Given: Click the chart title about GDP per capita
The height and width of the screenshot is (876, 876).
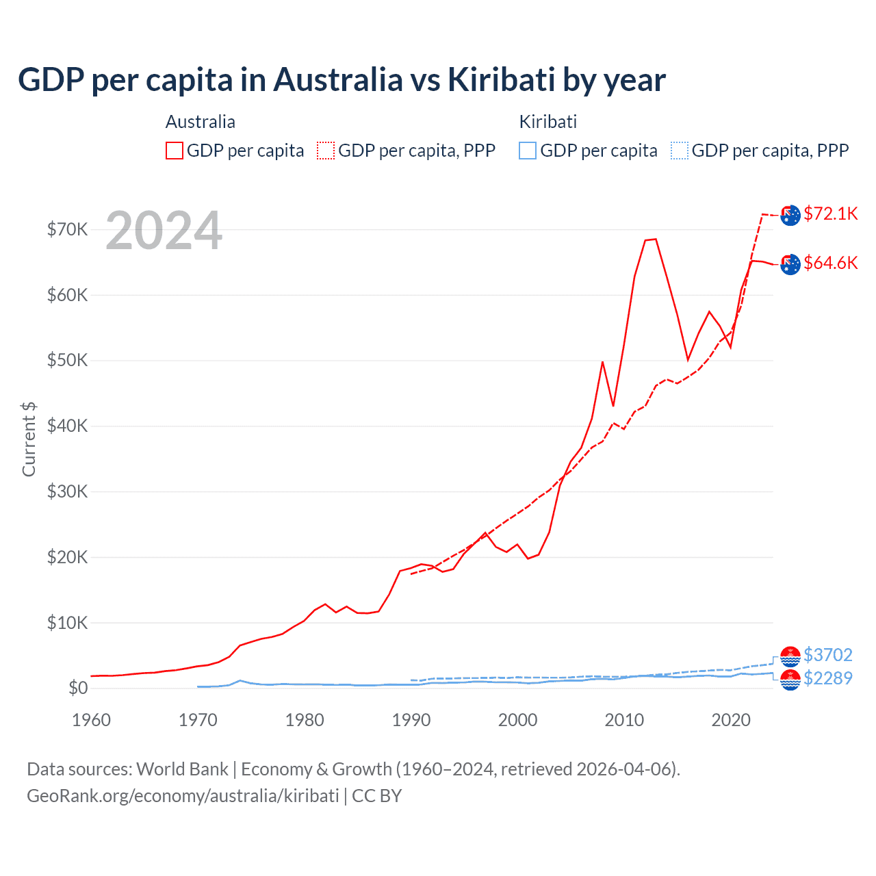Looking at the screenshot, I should tap(342, 80).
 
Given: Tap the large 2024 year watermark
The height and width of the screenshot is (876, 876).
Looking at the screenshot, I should tap(164, 231).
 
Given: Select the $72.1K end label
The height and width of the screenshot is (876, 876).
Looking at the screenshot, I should tap(830, 214).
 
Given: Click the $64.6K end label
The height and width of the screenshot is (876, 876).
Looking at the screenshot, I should tap(830, 263).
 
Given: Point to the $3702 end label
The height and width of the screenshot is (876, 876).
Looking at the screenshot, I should tap(827, 655).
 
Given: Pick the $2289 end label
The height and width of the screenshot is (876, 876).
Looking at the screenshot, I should tap(827, 678).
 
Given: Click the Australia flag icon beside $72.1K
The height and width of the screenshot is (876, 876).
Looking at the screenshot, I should tap(790, 215).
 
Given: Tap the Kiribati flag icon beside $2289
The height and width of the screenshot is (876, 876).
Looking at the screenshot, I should tap(790, 680).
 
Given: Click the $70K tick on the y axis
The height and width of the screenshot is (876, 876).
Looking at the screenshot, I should tap(67, 229).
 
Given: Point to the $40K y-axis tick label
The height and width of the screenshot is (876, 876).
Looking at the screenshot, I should tap(67, 426).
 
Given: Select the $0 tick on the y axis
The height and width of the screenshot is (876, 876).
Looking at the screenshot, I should tap(77, 688).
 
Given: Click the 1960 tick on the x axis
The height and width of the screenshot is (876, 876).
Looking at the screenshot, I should tap(91, 720).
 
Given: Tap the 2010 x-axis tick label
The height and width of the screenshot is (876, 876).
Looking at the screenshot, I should tap(624, 720).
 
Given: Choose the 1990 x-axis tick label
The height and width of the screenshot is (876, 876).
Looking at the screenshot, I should tap(411, 720).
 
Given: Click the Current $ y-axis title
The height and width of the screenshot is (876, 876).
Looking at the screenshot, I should tap(29, 439).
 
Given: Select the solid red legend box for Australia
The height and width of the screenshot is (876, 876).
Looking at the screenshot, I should tap(175, 151).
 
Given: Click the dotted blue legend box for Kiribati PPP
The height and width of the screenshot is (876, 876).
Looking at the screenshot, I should tap(680, 151).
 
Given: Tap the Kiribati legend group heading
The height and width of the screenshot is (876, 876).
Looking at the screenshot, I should tap(547, 122).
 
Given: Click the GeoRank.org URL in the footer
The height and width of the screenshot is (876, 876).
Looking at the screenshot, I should tap(183, 796).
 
